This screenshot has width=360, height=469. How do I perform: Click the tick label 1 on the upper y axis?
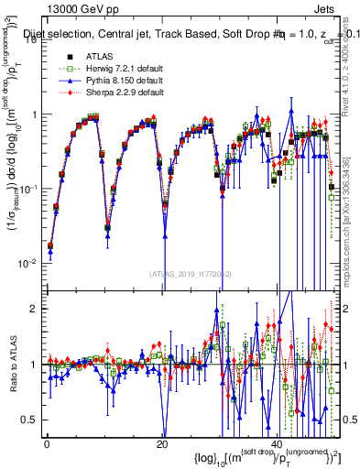click(x=36, y=115)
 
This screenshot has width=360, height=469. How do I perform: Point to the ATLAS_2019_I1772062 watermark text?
click(x=191, y=273)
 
